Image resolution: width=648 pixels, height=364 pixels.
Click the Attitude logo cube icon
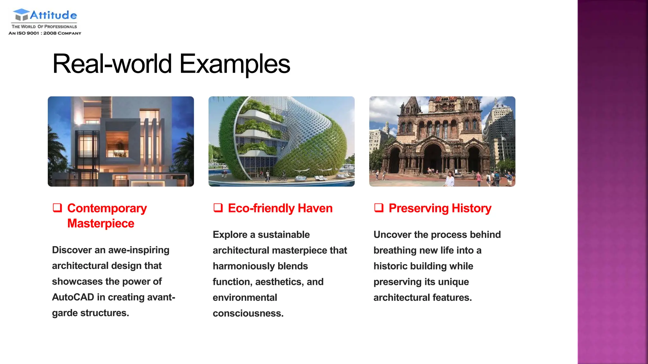coord(21,15)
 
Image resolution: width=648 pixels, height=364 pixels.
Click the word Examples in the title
coord(234,64)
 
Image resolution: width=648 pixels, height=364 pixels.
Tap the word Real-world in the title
coord(112,64)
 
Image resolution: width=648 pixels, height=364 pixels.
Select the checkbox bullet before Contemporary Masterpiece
coord(57,208)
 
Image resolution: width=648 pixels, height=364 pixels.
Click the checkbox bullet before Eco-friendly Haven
coord(218,208)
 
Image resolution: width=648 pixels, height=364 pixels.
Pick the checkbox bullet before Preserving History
coord(379,208)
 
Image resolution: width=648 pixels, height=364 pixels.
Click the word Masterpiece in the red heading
coord(101,223)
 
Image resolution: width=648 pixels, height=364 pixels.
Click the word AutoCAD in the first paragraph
coord(73,297)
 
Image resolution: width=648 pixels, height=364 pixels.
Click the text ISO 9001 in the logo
coord(28,33)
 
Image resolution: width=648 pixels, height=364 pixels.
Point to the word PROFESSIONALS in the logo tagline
coord(60,27)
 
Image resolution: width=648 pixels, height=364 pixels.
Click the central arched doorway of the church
coord(433,158)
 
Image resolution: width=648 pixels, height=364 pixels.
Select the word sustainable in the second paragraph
coord(283,234)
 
